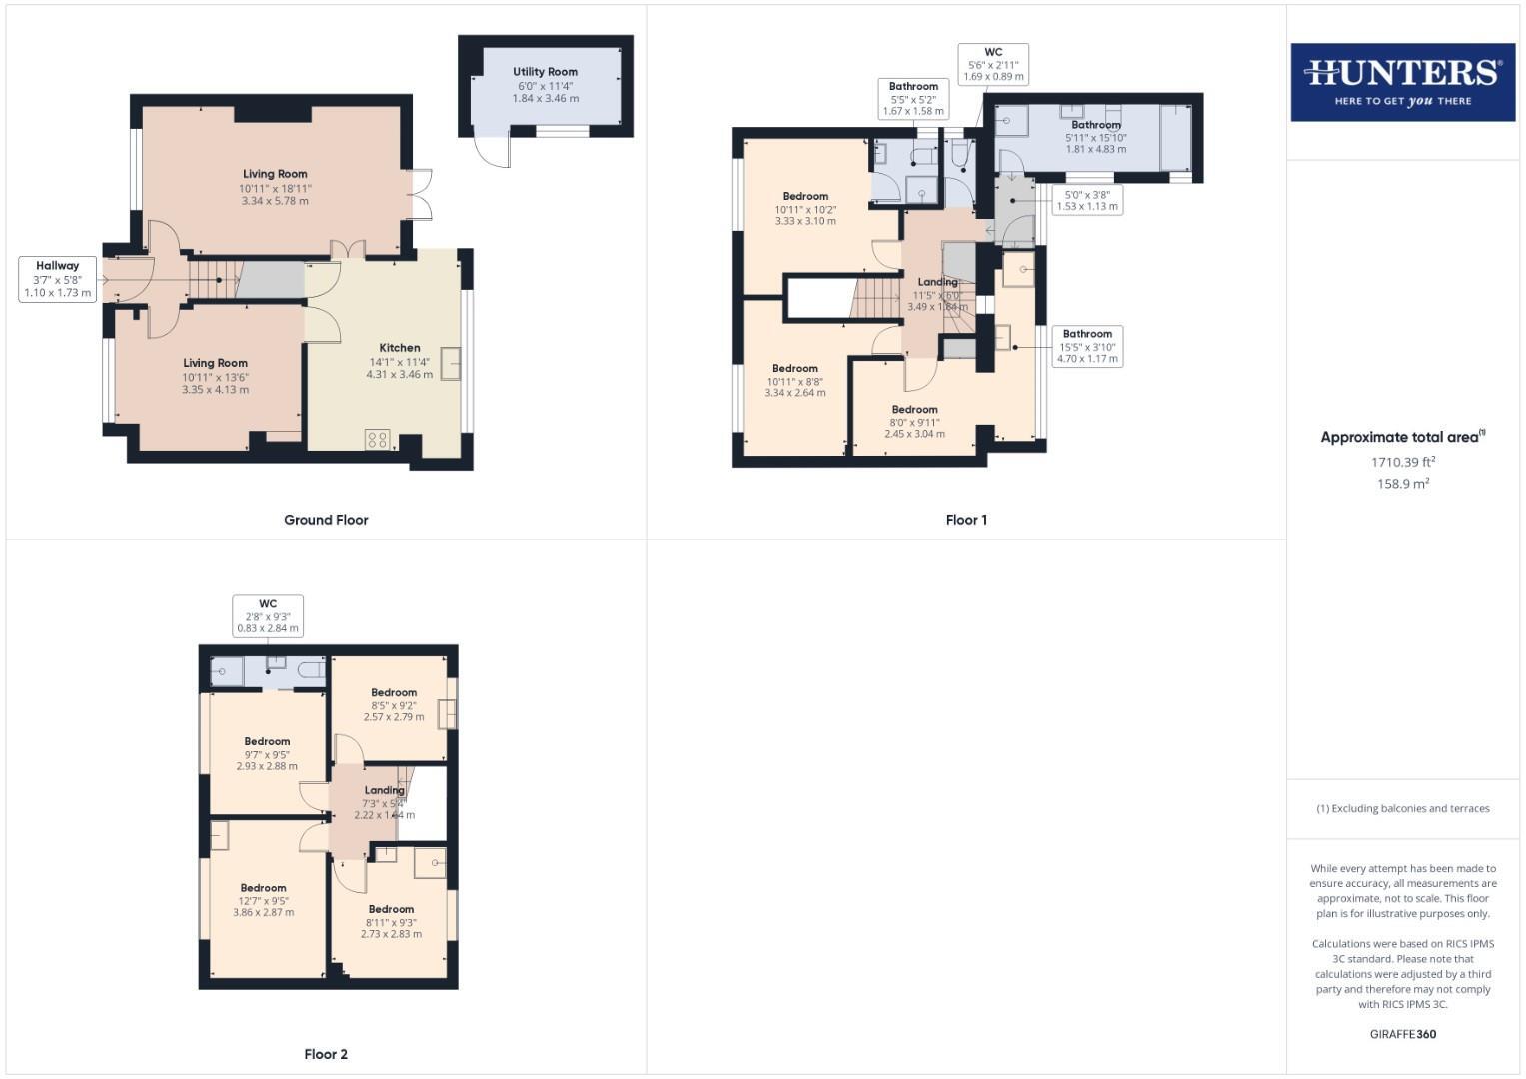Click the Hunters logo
1402,82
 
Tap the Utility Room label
545,72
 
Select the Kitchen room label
399,348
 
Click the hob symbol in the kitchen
377,439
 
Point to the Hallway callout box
58,279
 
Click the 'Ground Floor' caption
326,520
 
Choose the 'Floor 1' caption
966,520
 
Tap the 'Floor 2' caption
326,1054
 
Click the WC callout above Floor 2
268,616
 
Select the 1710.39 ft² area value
1403,462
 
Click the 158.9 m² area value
1403,484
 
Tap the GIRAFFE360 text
1402,1034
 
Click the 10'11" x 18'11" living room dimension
275,188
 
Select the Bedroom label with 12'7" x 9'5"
264,888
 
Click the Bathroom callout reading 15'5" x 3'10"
1087,346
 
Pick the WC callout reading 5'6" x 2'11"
993,64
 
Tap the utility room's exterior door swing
493,152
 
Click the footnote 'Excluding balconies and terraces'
1403,808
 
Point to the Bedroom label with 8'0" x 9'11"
914,409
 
